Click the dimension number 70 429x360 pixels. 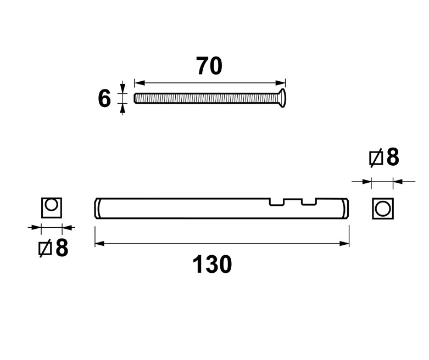(x=209, y=66)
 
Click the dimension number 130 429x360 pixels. (x=212, y=264)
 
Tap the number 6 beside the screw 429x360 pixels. (x=104, y=98)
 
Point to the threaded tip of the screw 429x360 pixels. (x=135, y=98)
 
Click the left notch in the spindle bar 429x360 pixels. (x=277, y=202)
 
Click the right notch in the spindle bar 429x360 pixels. (x=309, y=202)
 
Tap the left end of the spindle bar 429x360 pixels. (x=97, y=209)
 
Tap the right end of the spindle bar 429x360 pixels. (x=346, y=209)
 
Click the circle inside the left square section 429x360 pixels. (x=52, y=205)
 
